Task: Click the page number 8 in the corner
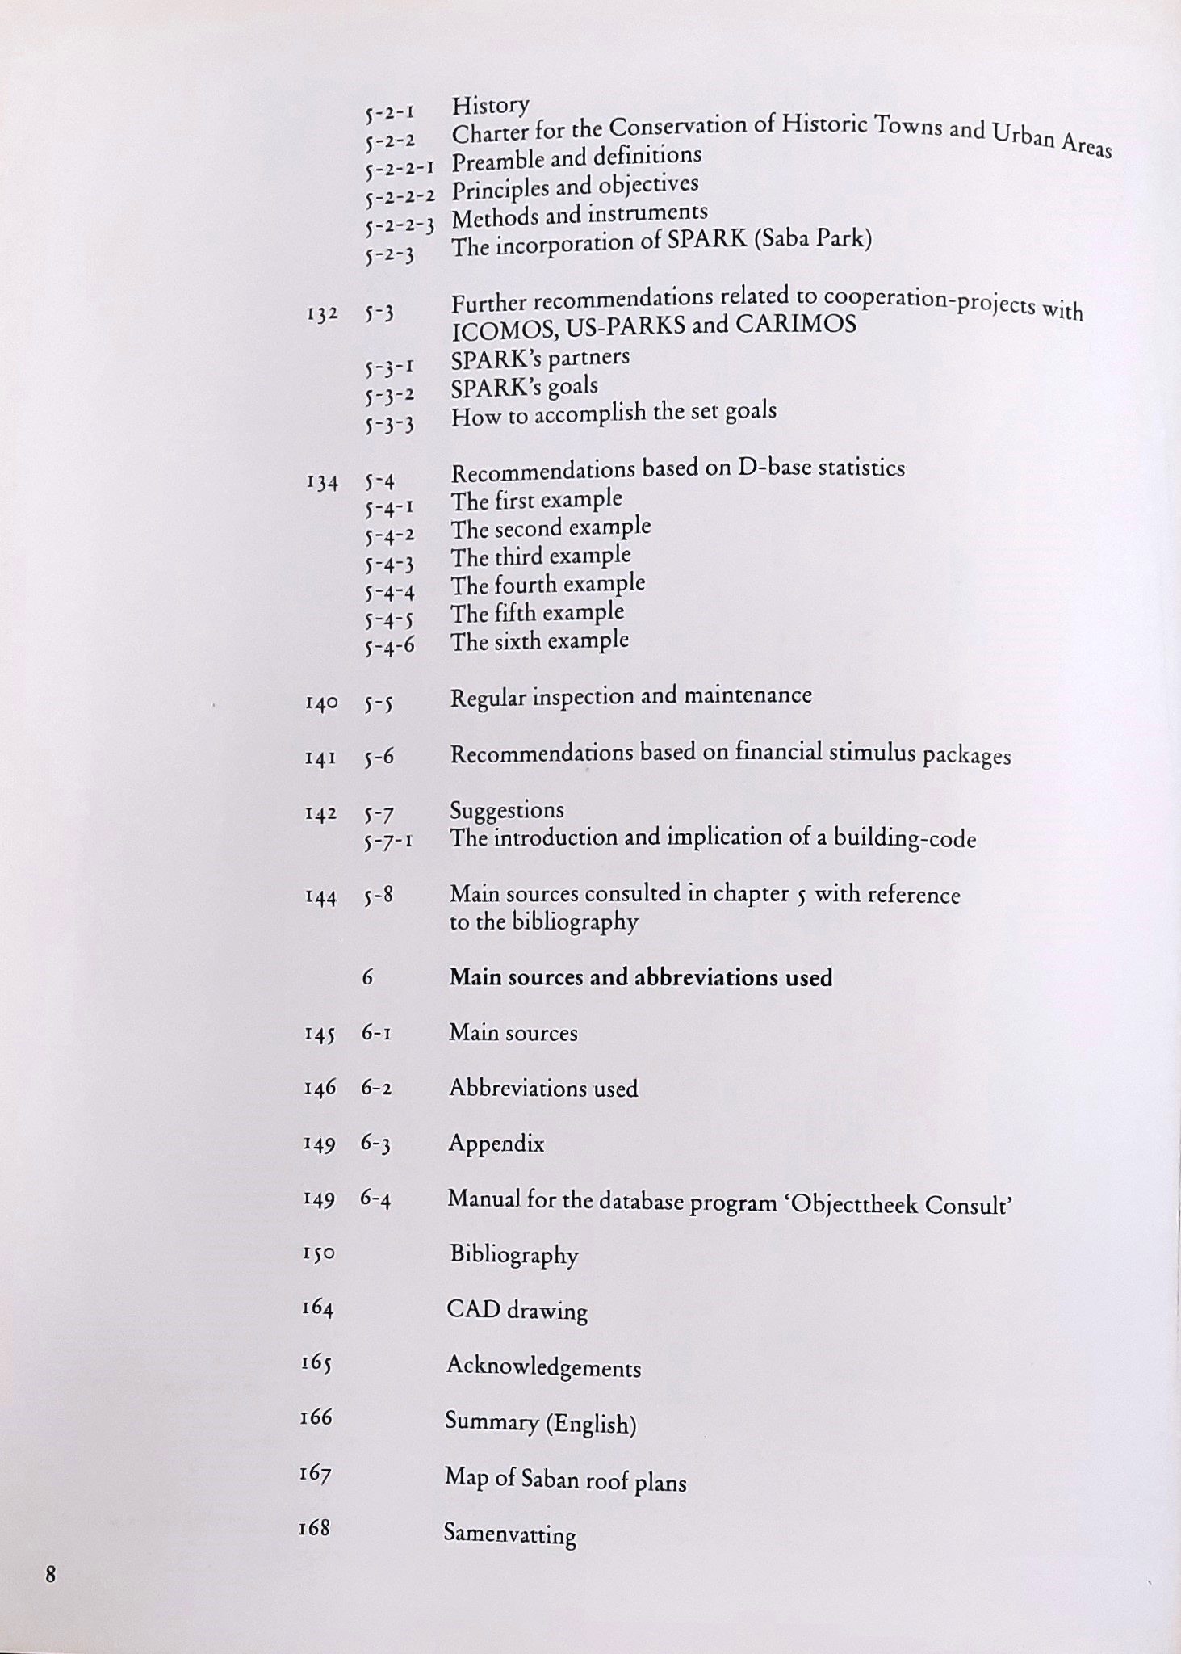click(x=50, y=1575)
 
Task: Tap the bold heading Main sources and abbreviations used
click(x=640, y=978)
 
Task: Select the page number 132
click(x=322, y=314)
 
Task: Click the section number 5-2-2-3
click(x=400, y=225)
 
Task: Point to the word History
click(x=490, y=105)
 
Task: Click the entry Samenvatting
click(x=509, y=1534)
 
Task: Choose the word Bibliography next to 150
click(x=513, y=1255)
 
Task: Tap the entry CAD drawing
click(x=517, y=1310)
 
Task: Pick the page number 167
click(x=315, y=1474)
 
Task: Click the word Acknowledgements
click(x=543, y=1366)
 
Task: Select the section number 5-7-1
click(x=388, y=842)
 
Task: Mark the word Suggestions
click(x=507, y=810)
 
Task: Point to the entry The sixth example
click(x=539, y=642)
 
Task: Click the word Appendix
click(x=496, y=1144)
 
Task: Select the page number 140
click(x=321, y=703)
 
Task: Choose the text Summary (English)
click(x=540, y=1422)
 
